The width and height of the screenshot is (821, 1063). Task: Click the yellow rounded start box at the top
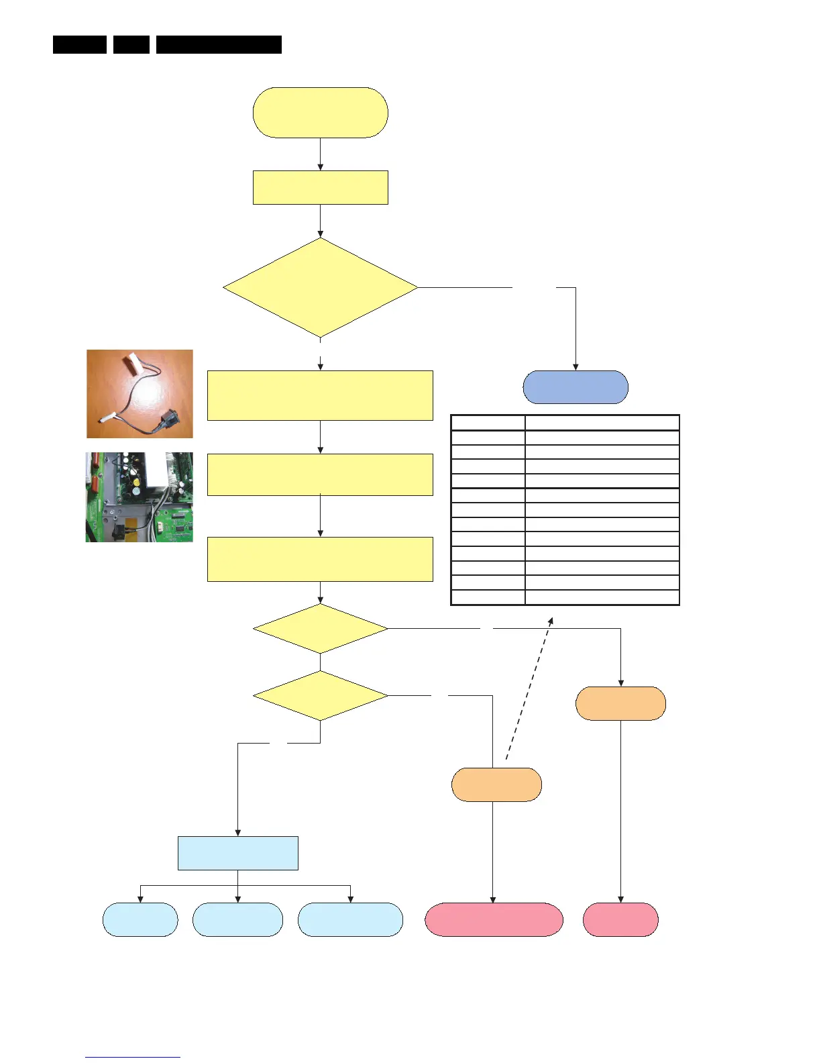coord(320,113)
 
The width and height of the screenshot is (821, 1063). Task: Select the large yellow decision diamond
coord(320,288)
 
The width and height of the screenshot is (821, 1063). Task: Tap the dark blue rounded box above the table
coord(575,387)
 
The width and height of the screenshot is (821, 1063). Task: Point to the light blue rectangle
coord(237,853)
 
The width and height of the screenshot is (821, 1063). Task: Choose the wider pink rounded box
coord(494,919)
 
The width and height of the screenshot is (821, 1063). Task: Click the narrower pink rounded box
coord(620,919)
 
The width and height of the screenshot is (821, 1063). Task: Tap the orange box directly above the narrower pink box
coord(620,703)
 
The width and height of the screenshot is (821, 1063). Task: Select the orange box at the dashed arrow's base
coord(496,784)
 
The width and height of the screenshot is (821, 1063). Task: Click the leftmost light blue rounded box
coord(140,919)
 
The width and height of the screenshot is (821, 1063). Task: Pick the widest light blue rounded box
coord(350,919)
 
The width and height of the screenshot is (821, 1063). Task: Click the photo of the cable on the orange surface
coord(140,394)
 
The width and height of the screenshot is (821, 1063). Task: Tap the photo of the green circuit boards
coord(140,497)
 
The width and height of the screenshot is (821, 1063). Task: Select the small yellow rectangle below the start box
coord(320,187)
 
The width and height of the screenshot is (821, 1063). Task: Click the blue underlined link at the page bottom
coord(133,1057)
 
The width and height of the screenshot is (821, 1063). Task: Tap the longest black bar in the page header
coord(219,44)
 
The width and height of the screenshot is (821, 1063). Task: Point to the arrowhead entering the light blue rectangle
coord(237,833)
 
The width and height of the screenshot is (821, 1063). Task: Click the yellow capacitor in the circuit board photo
coord(137,482)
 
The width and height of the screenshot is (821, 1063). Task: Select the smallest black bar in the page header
coord(131,44)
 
